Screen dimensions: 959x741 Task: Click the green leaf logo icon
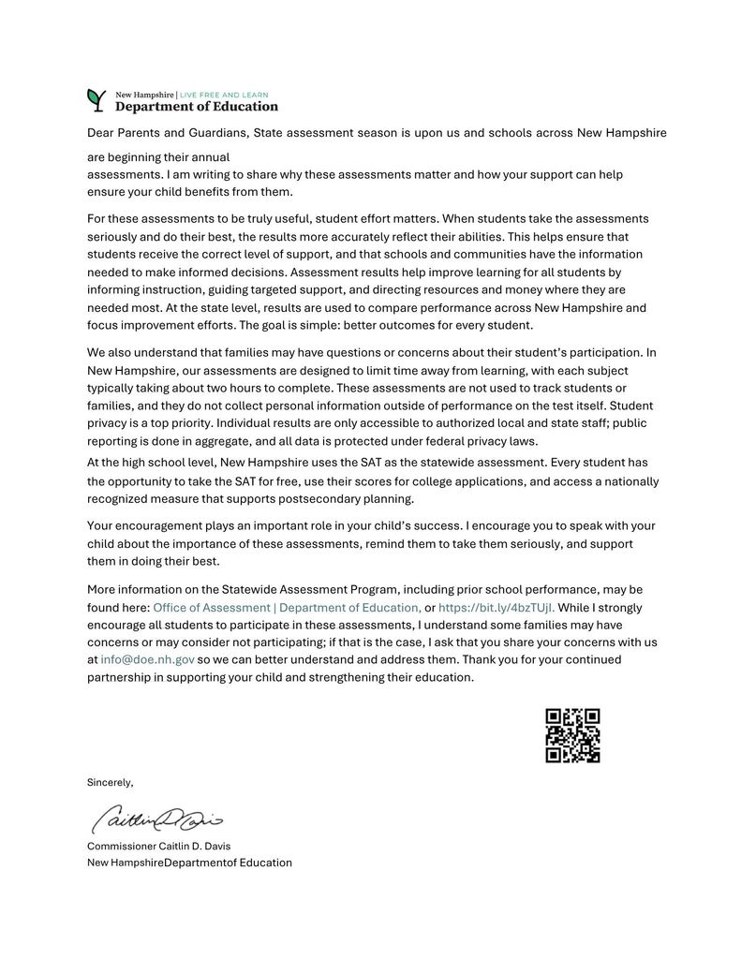coord(96,98)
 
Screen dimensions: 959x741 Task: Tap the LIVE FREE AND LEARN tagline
coord(223,95)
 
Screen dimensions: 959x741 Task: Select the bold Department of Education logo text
coord(196,107)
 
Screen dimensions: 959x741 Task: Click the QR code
coord(572,735)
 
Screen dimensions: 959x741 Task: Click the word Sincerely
coord(110,782)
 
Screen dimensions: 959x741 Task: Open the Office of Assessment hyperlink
coord(287,607)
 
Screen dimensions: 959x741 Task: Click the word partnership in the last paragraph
coord(125,677)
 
